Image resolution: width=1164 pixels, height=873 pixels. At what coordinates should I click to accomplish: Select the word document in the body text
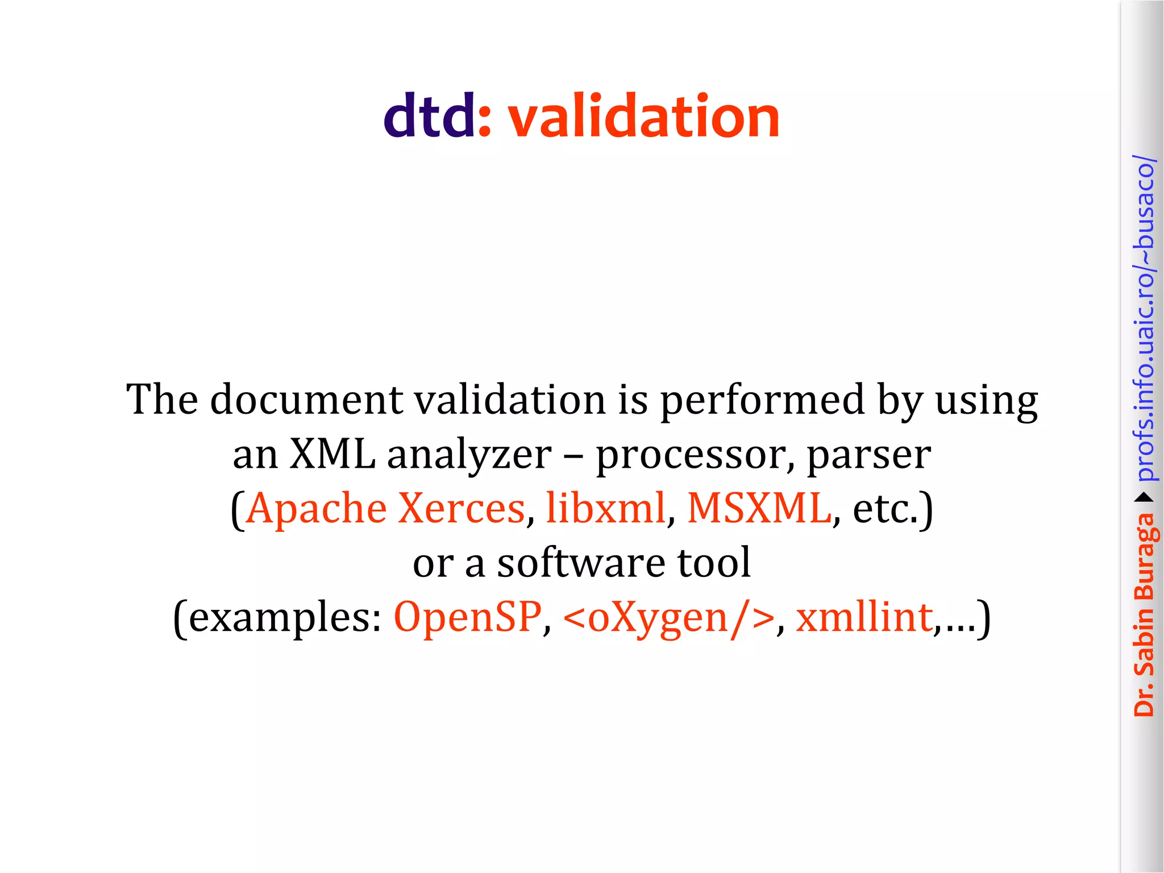306,400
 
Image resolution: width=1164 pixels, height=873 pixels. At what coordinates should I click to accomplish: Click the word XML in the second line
332,454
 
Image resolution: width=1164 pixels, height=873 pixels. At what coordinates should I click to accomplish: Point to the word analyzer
469,455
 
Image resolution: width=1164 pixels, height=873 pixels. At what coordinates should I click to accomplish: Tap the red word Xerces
461,508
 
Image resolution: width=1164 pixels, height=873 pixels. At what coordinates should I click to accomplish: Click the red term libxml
605,508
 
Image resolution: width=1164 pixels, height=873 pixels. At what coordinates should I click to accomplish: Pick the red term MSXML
759,508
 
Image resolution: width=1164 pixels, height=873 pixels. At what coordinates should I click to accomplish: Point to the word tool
714,562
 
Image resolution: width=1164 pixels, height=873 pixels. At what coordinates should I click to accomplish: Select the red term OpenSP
467,617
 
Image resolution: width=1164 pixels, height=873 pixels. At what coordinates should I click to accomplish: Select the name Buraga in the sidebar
1145,558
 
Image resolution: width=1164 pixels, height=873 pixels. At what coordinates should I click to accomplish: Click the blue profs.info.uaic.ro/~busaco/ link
1145,318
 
